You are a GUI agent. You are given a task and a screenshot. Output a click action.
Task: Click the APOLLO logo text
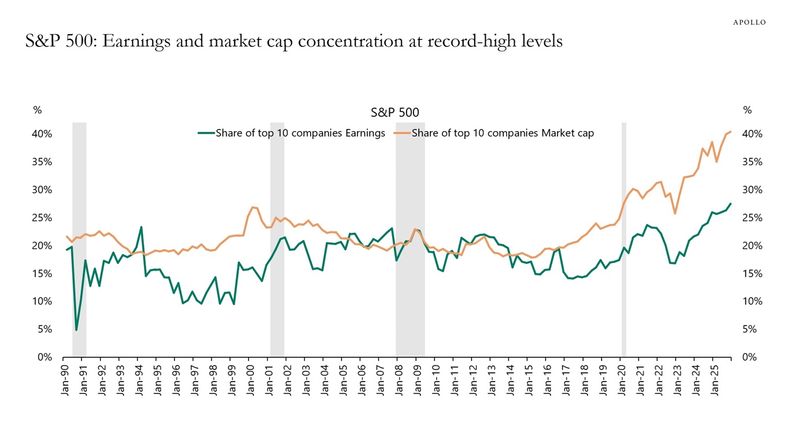[x=749, y=23]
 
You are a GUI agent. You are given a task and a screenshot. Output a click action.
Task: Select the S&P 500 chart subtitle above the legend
[x=395, y=112]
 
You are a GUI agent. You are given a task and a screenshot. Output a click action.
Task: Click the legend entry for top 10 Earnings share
[x=291, y=133]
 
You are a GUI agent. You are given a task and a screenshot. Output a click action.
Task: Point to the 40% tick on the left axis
[x=42, y=134]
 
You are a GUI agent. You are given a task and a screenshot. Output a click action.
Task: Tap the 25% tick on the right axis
[x=752, y=218]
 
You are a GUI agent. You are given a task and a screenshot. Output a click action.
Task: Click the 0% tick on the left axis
[x=45, y=357]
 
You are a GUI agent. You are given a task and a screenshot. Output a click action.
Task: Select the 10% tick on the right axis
[x=752, y=301]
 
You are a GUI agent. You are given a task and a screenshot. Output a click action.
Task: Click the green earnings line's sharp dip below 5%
[x=76, y=330]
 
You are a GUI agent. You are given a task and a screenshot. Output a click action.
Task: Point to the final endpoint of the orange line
[x=730, y=132]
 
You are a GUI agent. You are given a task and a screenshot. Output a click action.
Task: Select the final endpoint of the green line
[x=730, y=203]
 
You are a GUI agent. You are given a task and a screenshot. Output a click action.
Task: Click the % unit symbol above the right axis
[x=747, y=110]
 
